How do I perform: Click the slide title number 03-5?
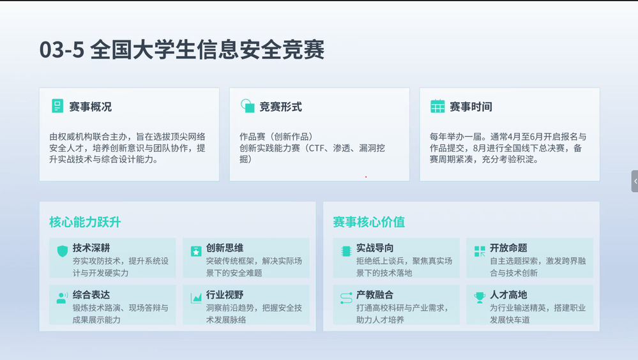pos(62,50)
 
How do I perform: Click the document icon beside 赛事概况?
pos(57,106)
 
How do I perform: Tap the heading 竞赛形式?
pos(281,107)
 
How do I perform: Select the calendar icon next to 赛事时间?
pos(437,106)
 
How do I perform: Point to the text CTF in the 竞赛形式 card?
pos(317,148)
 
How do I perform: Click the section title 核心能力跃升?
pos(85,222)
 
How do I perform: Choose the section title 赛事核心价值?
pos(368,222)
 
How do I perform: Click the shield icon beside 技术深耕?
pos(62,251)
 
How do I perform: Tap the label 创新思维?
pos(225,248)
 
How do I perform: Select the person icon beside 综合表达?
pos(62,297)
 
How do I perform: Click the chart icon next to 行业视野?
pos(196,298)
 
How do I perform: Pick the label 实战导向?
pos(375,248)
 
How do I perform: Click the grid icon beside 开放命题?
pos(480,251)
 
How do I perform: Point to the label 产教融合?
pos(375,294)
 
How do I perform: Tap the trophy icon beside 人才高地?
pos(480,297)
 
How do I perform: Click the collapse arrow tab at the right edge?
pos(635,181)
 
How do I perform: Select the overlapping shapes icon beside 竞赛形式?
pos(247,106)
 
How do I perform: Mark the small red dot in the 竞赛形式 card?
pos(366,177)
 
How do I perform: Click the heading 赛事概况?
pos(90,107)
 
